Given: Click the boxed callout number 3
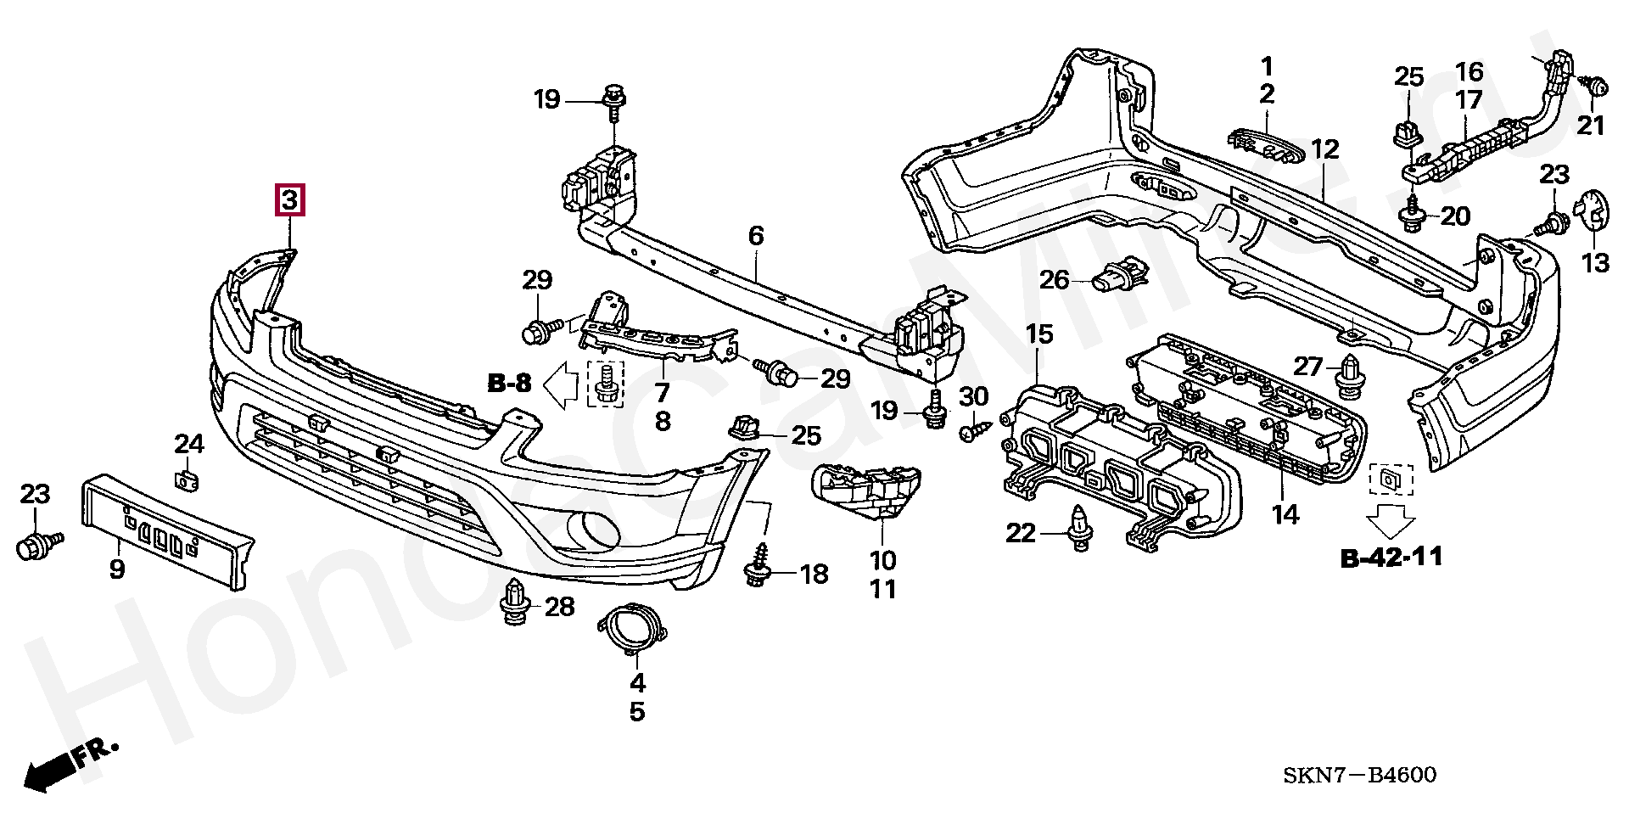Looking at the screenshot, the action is (289, 201).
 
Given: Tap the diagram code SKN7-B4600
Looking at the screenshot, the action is (1360, 775).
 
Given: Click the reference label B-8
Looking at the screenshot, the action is (510, 384).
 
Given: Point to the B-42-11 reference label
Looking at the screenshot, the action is (1391, 558).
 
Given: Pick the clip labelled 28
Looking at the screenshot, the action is (515, 603).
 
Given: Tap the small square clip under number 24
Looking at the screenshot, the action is (188, 481).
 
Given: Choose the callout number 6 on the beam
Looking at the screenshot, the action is (756, 236).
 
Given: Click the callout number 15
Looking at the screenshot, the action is (1039, 334).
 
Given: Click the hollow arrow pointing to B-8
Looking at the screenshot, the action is (561, 384).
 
